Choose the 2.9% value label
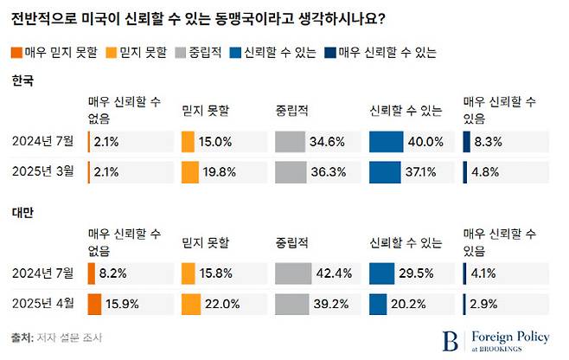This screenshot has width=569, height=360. (482, 304)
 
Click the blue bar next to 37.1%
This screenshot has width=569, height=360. (385, 172)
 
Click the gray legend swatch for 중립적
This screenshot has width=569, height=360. (180, 52)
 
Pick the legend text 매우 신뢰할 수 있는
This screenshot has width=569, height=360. (388, 52)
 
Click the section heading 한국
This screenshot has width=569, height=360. (22, 81)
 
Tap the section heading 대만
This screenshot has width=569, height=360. (22, 213)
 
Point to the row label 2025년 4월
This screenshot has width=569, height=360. (43, 304)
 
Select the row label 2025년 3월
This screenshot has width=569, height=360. (43, 172)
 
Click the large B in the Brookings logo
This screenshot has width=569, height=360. (450, 338)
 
